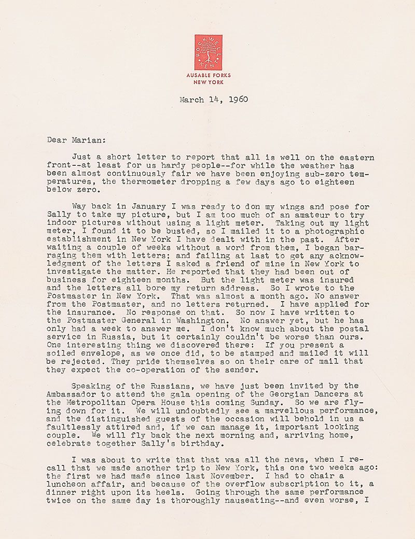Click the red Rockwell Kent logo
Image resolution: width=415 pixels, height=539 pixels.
click(x=209, y=52)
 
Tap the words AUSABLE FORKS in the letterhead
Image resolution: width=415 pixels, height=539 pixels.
click(x=209, y=76)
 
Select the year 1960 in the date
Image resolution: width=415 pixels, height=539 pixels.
click(x=236, y=99)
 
